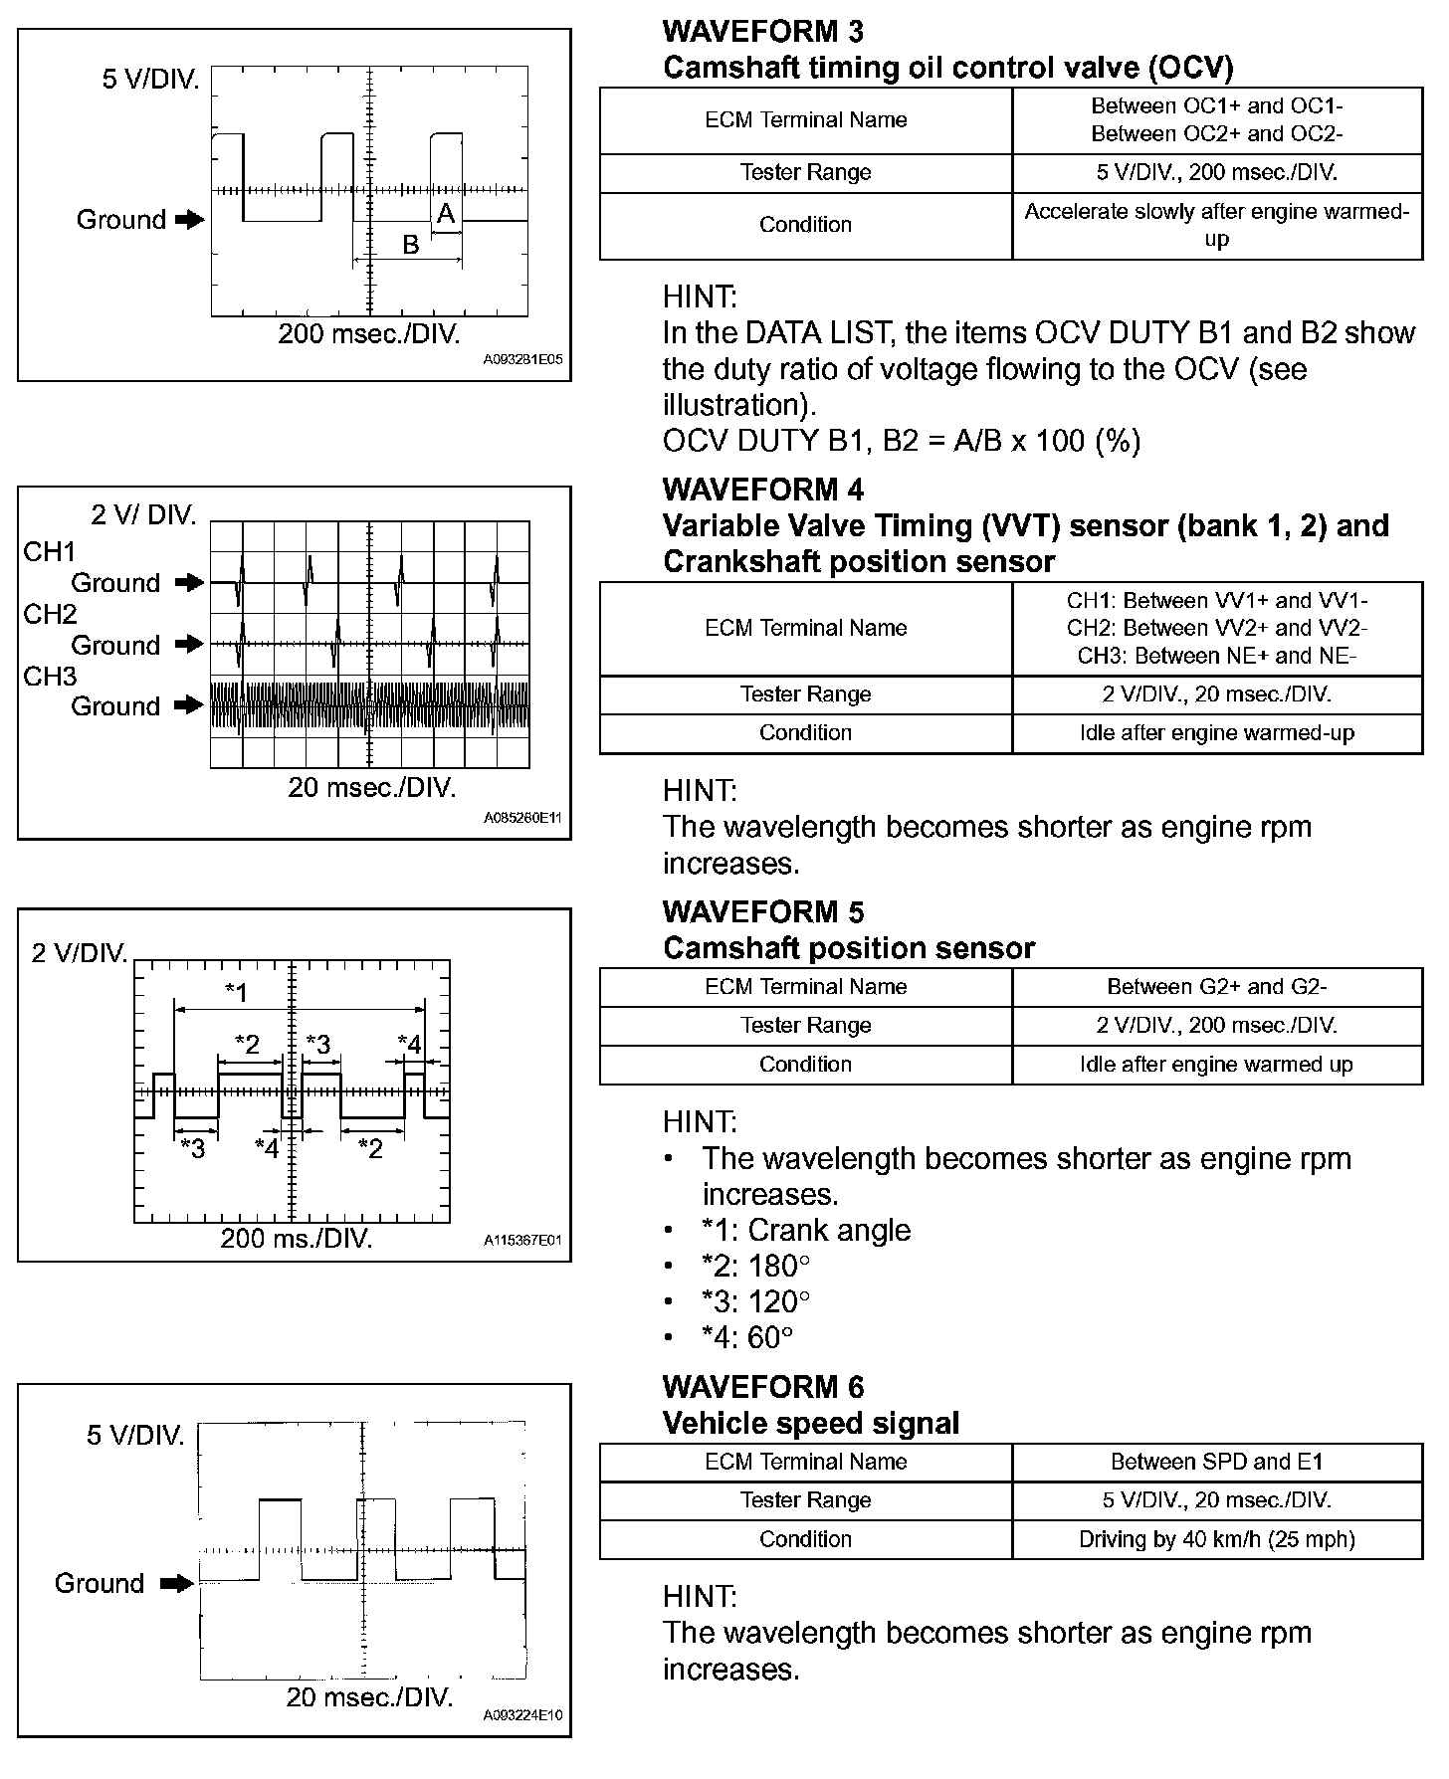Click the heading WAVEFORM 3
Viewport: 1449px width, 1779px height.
pos(762,31)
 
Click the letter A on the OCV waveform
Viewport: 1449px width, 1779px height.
pos(446,213)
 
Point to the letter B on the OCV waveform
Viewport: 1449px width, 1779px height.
pos(410,245)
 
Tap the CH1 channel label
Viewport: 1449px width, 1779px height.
pos(50,552)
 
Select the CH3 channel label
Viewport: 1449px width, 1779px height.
pos(50,677)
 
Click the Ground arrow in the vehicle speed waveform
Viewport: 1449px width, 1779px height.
pos(177,1583)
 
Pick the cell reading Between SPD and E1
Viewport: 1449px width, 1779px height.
pos(1216,1462)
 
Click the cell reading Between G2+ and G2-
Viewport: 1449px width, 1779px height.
pos(1216,987)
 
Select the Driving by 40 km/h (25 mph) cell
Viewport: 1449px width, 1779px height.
pos(1216,1539)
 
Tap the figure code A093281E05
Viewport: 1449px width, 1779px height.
pos(522,360)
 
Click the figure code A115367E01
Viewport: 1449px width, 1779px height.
pos(522,1241)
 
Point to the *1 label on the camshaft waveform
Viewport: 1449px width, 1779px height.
pos(236,991)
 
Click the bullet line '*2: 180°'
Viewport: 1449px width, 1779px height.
pos(755,1266)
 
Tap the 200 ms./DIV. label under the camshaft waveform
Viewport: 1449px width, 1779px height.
pos(297,1239)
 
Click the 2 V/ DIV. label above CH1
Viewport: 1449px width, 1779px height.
pos(144,514)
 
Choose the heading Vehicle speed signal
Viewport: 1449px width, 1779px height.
pos(810,1423)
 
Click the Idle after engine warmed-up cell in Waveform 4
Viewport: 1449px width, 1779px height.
pos(1216,733)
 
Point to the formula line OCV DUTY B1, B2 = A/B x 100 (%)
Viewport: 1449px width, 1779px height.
pos(901,441)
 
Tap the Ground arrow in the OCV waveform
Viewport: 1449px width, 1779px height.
pos(189,220)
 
